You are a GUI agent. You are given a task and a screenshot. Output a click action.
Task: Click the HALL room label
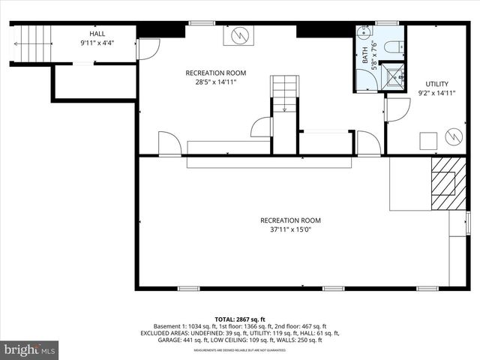[x=97, y=34]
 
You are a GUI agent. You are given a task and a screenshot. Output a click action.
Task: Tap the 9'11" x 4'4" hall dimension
[x=97, y=43]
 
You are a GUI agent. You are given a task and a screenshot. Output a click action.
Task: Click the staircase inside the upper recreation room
[x=284, y=94]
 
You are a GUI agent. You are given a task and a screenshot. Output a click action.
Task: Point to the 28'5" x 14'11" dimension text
[x=216, y=83]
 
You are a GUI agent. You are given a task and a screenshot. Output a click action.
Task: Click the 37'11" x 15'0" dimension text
[x=290, y=230]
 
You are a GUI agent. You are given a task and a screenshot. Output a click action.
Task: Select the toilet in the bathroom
[x=391, y=47]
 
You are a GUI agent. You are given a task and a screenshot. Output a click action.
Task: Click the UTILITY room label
[x=436, y=83]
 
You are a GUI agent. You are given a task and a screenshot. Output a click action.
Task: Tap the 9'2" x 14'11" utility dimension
[x=436, y=93]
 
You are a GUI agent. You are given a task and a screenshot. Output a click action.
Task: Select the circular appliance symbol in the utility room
[x=453, y=136]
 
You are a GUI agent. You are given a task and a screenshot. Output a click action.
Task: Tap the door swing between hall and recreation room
[x=148, y=49]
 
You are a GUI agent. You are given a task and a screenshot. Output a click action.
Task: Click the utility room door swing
[x=397, y=109]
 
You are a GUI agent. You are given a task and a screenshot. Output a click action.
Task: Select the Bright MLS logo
[x=30, y=349]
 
